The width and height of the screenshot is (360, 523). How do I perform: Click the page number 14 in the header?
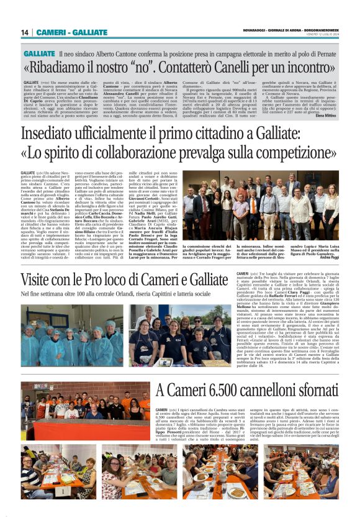coord(25,32)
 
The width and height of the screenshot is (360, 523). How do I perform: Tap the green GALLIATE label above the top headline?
coord(39,55)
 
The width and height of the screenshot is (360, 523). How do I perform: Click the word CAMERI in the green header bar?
coord(51,32)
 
